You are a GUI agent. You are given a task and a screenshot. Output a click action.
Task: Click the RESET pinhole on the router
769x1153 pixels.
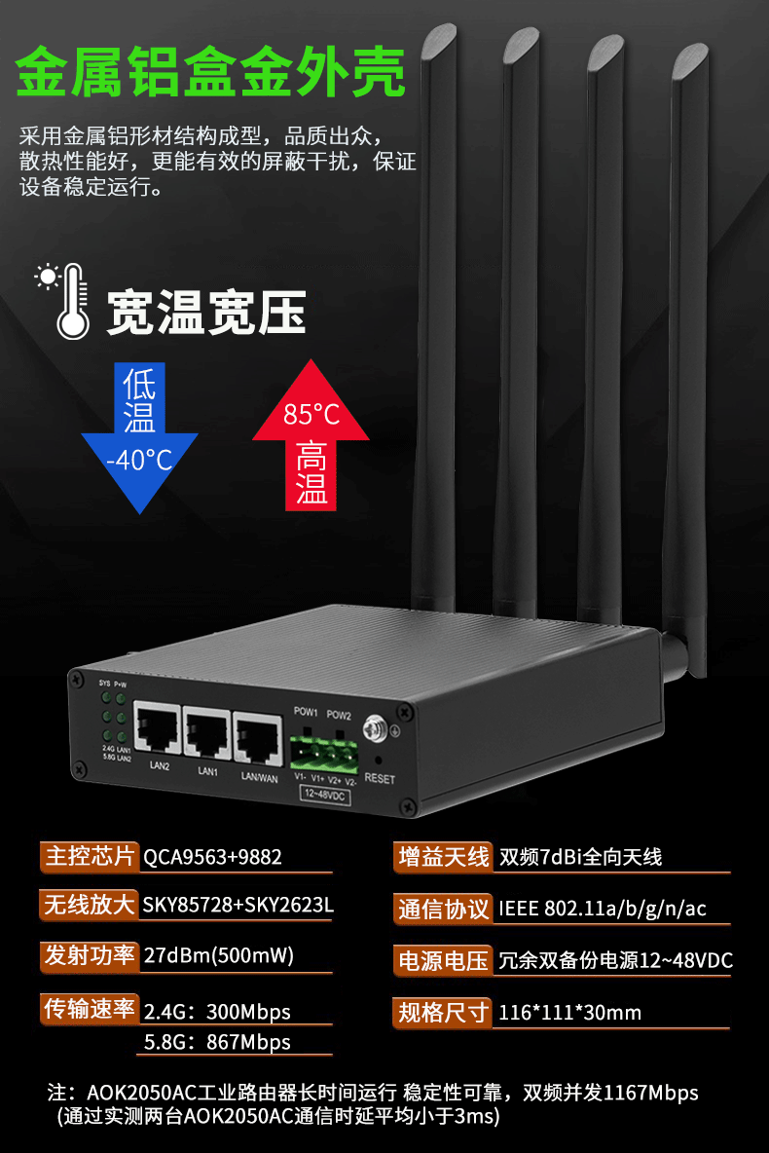(377, 759)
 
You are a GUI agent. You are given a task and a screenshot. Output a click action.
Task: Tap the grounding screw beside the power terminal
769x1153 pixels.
(371, 726)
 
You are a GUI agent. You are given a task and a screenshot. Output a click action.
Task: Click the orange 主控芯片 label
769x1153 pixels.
(90, 857)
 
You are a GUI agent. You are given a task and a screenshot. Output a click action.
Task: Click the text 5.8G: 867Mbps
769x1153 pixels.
(217, 1042)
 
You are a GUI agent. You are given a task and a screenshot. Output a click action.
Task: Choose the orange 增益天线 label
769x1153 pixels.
(443, 857)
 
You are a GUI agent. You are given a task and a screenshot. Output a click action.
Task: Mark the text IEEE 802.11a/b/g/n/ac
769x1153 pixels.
(603, 910)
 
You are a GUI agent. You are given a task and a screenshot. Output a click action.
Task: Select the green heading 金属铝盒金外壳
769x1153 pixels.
(211, 74)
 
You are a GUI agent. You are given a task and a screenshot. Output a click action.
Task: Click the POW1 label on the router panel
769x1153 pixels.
(307, 712)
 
